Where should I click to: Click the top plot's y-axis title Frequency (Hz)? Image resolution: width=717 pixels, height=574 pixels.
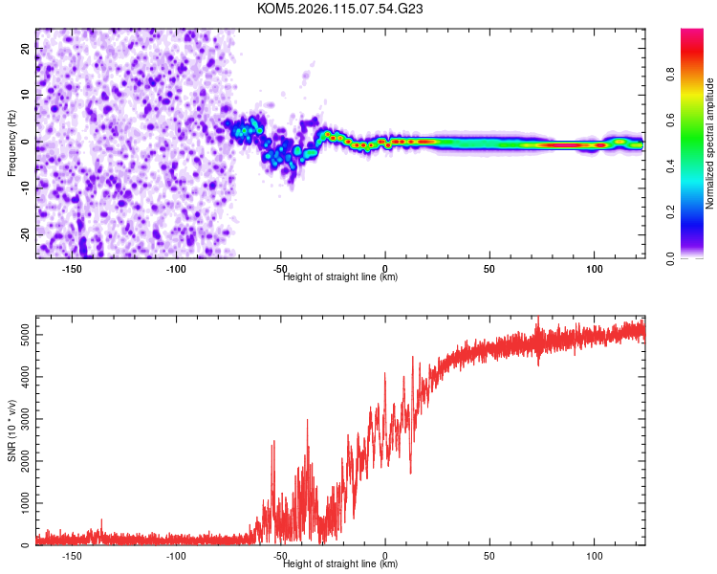(11, 143)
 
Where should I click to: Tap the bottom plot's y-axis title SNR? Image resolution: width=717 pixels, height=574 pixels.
(11, 430)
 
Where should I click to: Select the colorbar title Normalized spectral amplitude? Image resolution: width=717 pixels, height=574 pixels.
(710, 143)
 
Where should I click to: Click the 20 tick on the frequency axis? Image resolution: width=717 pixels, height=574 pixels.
(26, 47)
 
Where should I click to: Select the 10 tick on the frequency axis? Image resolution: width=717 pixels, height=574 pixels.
(26, 94)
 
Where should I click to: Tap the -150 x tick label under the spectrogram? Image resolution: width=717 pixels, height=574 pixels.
(71, 269)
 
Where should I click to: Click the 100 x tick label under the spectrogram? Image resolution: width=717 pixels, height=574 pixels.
(595, 269)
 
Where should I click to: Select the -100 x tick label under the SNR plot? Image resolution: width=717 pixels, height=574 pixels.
(175, 556)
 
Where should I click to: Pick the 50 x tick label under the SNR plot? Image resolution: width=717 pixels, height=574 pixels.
(489, 556)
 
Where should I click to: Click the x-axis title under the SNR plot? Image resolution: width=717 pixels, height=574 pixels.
(340, 564)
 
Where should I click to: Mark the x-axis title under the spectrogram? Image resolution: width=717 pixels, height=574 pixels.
(340, 277)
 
